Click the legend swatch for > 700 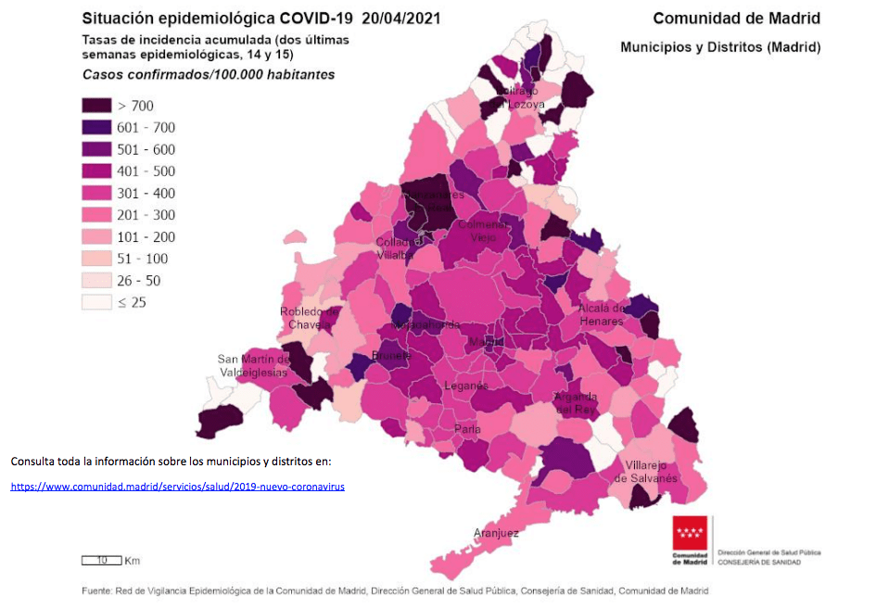click(x=95, y=106)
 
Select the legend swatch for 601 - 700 click(x=95, y=128)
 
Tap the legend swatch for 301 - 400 click(x=95, y=193)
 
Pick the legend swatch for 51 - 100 click(x=95, y=259)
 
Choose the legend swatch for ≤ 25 click(x=95, y=302)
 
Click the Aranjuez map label click(x=496, y=533)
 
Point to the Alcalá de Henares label click(x=601, y=314)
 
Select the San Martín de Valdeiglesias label click(x=254, y=365)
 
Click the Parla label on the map click(x=467, y=430)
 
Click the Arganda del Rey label click(x=575, y=402)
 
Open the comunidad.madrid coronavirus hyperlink click(x=178, y=486)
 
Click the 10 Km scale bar click(x=102, y=560)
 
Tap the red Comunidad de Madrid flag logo click(x=691, y=535)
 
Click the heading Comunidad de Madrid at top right click(x=736, y=19)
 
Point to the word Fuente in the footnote click(x=96, y=590)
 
